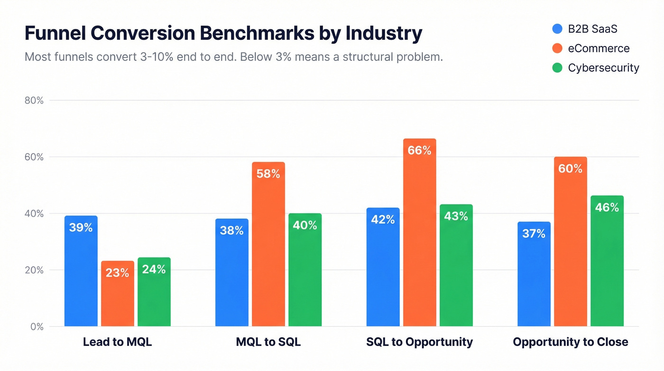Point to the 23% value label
coord(117,273)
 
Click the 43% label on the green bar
coord(456,217)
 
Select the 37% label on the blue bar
coord(534,234)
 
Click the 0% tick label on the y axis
coord(37,327)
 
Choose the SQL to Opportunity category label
coord(419,342)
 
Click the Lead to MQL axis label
coord(117,342)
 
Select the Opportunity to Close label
coord(570,342)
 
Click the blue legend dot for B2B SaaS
coord(557,29)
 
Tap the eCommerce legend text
coord(599,48)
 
